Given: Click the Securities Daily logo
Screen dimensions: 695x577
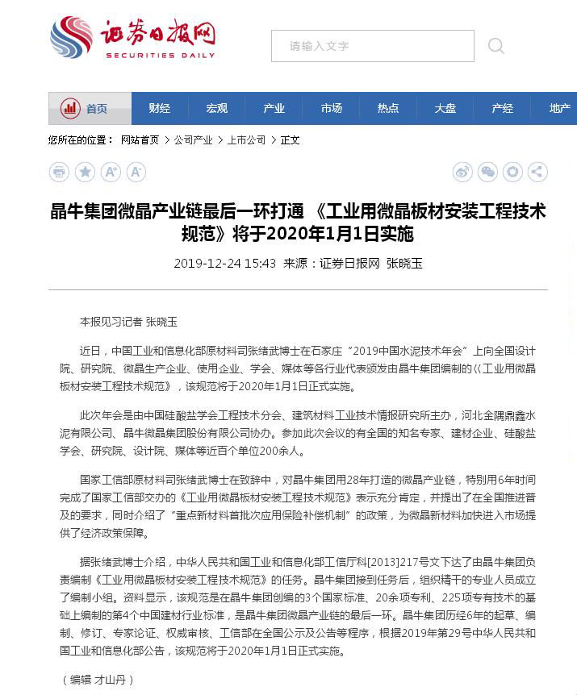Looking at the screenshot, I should point(132,38).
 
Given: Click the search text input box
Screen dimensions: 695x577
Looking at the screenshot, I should point(372,46).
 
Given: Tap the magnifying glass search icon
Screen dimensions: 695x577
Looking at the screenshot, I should point(495,46).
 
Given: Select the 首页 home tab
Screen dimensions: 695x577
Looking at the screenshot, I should point(90,109).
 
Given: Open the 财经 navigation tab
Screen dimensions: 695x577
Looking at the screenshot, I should point(160,109).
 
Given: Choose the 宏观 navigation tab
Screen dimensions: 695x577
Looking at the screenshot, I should point(216,109).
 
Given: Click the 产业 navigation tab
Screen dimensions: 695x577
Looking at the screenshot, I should point(274,109).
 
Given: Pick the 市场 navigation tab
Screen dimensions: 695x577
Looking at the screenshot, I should point(331,109).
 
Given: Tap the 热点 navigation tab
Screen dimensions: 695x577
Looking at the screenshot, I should point(388,109).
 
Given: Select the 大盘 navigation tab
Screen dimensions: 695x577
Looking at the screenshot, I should point(445,109).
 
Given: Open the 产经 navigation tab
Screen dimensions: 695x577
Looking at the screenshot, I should point(502,109).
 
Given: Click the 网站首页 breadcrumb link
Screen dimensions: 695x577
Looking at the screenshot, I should point(140,140).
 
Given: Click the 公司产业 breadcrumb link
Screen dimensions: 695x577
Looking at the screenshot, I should point(194,140).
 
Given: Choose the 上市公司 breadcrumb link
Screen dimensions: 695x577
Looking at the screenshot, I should point(246,140).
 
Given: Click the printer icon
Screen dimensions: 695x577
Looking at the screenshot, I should point(59,172).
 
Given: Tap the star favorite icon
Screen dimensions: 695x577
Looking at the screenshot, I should point(85,172).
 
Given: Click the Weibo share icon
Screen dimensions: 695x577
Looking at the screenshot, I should point(462,172).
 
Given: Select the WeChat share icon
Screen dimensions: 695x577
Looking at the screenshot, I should point(487,172).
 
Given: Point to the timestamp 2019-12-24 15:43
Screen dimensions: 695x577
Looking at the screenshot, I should point(224,264).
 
